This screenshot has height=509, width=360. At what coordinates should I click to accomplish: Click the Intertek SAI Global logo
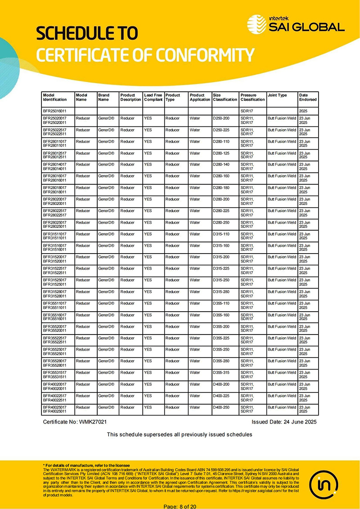click(296, 23)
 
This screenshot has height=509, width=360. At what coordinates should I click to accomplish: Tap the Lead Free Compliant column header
click(153, 97)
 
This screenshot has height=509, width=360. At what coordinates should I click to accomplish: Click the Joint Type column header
click(277, 95)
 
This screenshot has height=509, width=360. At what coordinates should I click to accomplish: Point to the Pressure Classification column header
click(252, 97)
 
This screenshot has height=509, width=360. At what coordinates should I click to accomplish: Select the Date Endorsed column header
click(308, 97)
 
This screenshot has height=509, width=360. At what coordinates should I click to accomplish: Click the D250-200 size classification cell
click(221, 118)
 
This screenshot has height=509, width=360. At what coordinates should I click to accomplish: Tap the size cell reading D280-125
click(221, 153)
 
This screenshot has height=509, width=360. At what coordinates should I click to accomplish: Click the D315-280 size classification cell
click(221, 292)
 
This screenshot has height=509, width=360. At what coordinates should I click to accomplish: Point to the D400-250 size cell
click(221, 407)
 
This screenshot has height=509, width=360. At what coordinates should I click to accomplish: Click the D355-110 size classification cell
click(221, 304)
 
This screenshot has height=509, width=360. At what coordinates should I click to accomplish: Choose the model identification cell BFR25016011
click(54, 110)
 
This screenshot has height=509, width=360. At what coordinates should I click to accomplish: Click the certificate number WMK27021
click(93, 422)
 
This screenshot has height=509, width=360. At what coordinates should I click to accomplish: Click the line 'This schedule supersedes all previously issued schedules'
click(180, 434)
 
